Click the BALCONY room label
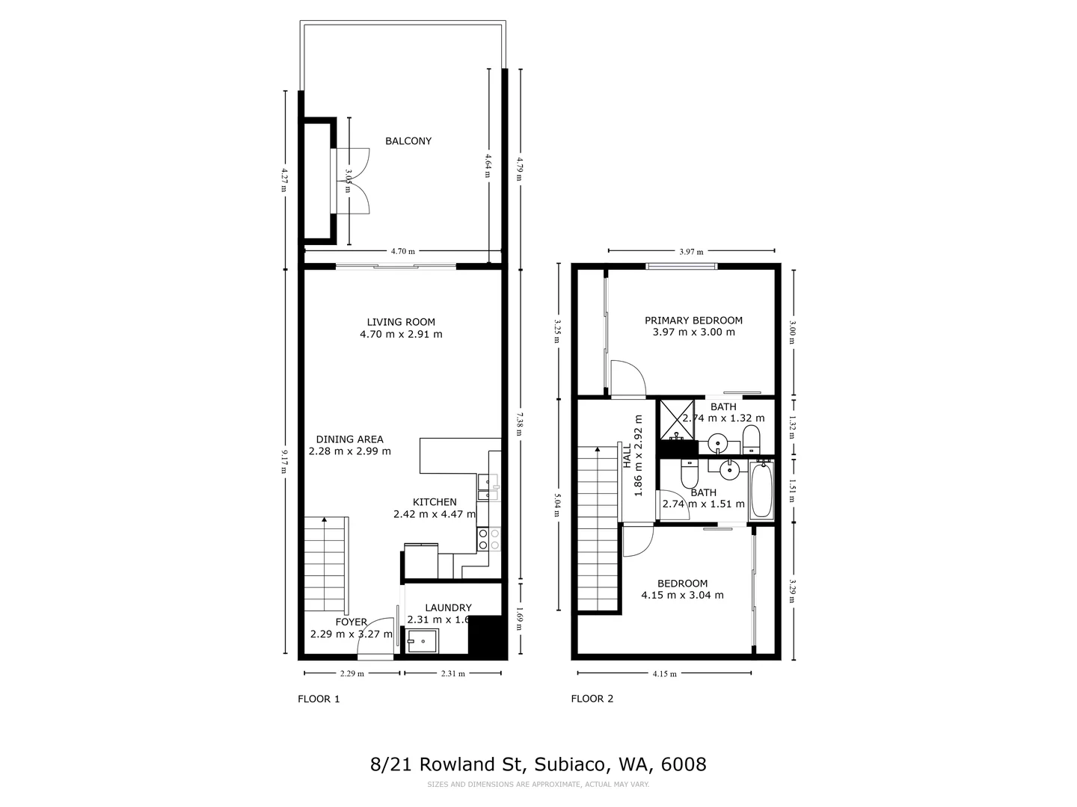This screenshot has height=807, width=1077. [408, 141]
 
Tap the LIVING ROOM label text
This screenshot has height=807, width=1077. [401, 322]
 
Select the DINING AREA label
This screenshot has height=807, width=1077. [349, 439]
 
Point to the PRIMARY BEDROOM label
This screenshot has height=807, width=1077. [693, 321]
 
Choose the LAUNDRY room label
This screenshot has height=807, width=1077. [448, 607]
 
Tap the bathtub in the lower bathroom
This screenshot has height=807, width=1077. [761, 491]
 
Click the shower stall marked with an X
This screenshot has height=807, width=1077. [675, 420]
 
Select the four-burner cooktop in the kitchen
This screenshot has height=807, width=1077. [489, 539]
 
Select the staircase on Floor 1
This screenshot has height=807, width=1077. [326, 564]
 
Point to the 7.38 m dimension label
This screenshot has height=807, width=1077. [520, 424]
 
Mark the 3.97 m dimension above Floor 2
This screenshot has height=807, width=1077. [691, 252]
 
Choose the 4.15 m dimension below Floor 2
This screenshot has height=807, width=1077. [664, 673]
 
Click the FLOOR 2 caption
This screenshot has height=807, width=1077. [592, 699]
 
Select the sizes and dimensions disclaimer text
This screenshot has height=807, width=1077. [538, 785]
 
